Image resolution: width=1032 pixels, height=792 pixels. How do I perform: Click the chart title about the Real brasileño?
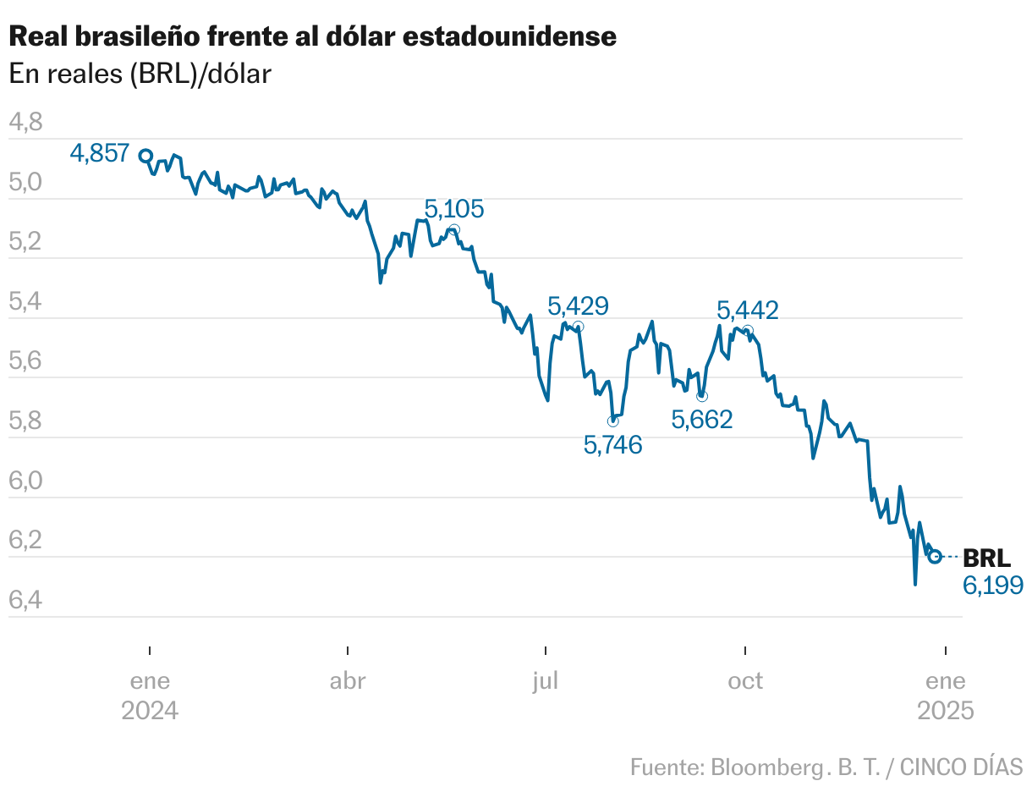point(312,36)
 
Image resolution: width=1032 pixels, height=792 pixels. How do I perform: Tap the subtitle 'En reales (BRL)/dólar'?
point(140,74)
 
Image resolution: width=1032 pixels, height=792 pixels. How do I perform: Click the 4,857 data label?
point(100,153)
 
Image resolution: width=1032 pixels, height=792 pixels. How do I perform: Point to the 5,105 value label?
point(454,209)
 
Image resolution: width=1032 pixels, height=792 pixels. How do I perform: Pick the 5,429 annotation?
point(578,305)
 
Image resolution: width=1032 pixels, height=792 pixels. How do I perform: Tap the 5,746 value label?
point(613,444)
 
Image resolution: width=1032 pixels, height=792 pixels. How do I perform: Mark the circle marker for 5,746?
point(613,421)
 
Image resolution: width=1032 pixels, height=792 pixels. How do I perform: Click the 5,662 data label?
point(702,419)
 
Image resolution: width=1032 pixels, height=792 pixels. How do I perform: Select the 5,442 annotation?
point(748,311)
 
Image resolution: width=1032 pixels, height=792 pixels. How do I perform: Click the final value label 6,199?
point(993,585)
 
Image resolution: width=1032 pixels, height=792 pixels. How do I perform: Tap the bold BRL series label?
point(987,558)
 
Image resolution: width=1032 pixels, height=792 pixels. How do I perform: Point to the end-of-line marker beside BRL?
point(935,556)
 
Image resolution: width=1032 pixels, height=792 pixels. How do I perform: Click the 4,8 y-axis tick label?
point(25,123)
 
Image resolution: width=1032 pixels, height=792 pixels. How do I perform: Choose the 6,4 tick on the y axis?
point(25,601)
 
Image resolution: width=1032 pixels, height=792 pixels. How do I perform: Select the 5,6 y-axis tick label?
point(25,362)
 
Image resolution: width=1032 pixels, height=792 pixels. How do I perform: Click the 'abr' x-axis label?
point(348,681)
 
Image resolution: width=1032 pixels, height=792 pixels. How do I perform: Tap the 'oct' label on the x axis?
point(745,681)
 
